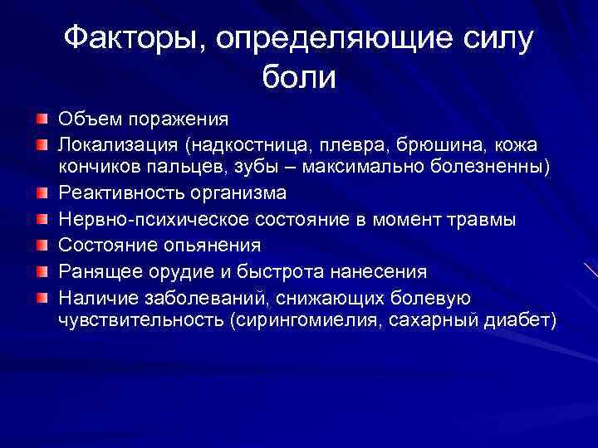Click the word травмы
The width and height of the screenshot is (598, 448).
point(485,220)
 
